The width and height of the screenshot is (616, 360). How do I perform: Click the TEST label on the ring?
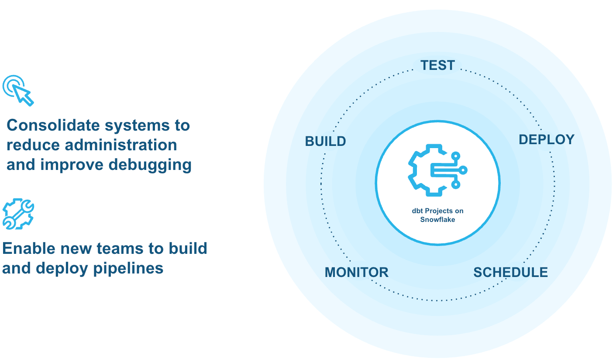pyautogui.click(x=437, y=66)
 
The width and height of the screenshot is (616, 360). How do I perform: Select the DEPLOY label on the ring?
pyautogui.click(x=546, y=140)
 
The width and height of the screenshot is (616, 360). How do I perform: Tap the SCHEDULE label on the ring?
pyautogui.click(x=510, y=272)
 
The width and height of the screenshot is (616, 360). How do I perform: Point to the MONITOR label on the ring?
pyautogui.click(x=356, y=272)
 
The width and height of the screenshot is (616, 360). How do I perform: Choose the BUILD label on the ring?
pyautogui.click(x=325, y=142)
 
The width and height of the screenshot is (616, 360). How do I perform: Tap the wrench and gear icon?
pyautogui.click(x=18, y=214)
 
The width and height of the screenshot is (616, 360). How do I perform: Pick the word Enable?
pyautogui.click(x=29, y=249)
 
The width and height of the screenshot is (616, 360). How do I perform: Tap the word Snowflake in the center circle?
pyautogui.click(x=437, y=219)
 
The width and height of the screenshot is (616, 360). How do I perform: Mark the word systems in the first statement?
pyautogui.click(x=133, y=126)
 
